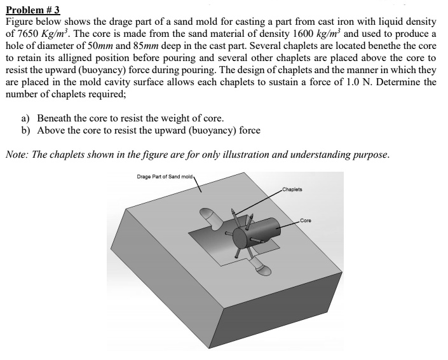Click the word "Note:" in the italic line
tap(18, 155)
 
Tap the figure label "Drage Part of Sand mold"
tap(166, 176)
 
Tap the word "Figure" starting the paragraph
tap(20, 22)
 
